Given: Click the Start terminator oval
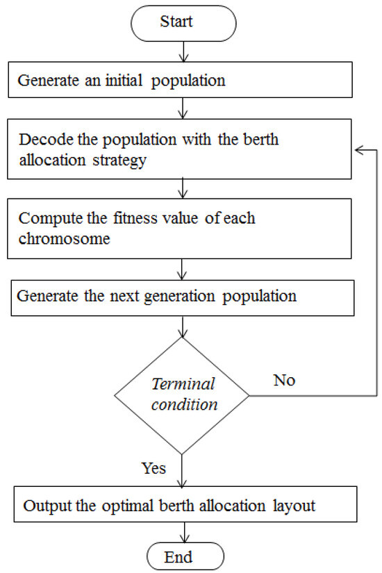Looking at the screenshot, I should [183, 22].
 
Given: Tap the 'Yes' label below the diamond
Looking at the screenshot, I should [153, 468].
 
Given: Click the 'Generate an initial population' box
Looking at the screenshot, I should [182, 81].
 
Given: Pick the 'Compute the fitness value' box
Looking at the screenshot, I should [182, 228].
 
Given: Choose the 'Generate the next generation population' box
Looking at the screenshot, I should [182, 297].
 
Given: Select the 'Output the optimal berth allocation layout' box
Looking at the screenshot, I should [182, 506].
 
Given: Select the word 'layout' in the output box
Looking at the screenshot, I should [294, 506].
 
